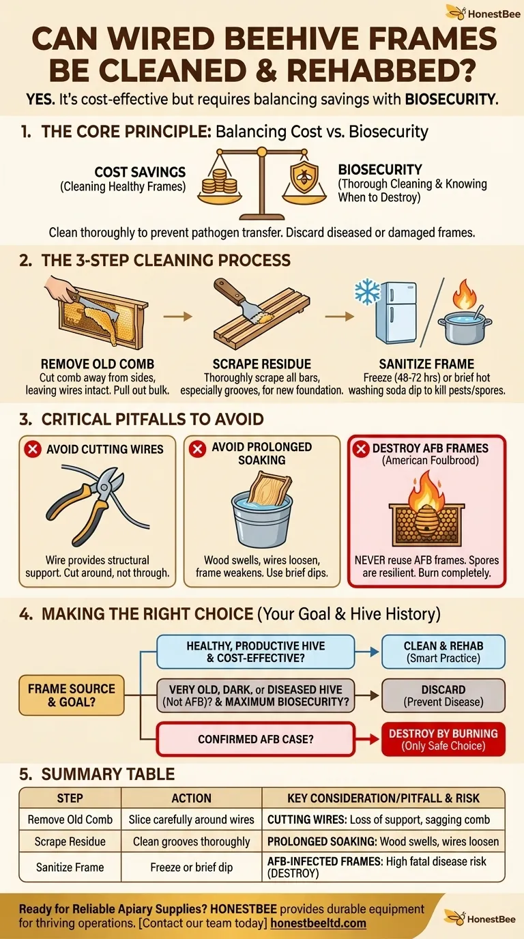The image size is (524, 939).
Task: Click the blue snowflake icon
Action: [367, 292]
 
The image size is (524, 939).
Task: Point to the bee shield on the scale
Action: [304, 177]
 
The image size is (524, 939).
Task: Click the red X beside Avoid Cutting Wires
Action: [33, 449]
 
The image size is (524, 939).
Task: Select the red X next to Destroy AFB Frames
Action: [360, 449]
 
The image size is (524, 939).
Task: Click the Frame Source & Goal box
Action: [71, 695]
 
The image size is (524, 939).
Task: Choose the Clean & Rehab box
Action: [443, 652]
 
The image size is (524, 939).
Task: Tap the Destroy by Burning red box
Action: [443, 739]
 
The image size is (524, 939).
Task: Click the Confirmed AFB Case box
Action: [256, 739]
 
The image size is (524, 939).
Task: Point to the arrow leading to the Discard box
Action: [367, 695]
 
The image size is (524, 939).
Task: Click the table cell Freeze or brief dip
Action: [191, 867]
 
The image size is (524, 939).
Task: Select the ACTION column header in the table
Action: [191, 798]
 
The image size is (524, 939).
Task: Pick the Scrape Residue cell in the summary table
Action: [70, 841]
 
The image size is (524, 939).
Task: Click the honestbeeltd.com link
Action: [318, 923]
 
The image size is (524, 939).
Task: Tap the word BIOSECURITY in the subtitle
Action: [450, 100]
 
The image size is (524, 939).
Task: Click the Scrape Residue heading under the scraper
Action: [261, 364]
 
